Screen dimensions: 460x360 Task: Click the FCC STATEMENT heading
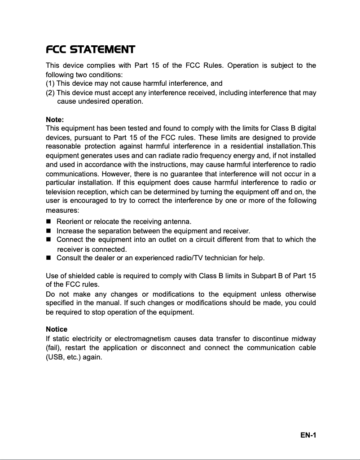[90, 49]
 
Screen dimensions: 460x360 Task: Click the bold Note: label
[55, 120]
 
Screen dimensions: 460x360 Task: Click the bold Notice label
[57, 329]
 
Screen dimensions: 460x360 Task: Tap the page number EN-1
[308, 435]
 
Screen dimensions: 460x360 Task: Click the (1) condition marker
[50, 83]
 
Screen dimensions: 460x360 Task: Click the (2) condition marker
[50, 93]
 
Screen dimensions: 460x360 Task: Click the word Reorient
[70, 222]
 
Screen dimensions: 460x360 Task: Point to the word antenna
[178, 222]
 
